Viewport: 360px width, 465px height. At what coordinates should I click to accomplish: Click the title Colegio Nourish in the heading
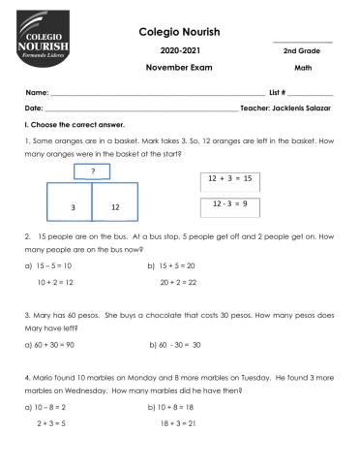[x=180, y=31]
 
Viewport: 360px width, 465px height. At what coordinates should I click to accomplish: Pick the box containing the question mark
[x=92, y=173]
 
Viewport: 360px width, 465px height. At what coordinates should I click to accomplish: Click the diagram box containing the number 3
[x=72, y=206]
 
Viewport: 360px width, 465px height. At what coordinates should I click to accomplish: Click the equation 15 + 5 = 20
[x=177, y=265]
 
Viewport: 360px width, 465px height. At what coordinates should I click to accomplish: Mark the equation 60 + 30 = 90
[x=56, y=344]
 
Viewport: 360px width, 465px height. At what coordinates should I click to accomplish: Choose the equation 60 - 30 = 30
[x=176, y=344]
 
